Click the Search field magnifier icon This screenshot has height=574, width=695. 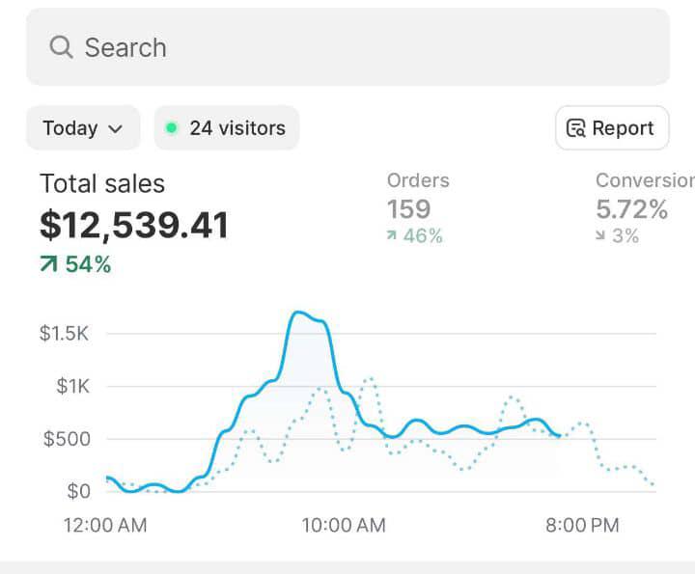pyautogui.click(x=61, y=47)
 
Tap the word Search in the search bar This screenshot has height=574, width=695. pyautogui.click(x=125, y=47)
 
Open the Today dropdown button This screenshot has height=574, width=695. pyautogui.click(x=83, y=128)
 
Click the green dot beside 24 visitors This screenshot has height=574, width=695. pyautogui.click(x=172, y=128)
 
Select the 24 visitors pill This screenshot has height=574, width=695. pyautogui.click(x=227, y=128)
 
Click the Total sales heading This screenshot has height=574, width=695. pyautogui.click(x=102, y=183)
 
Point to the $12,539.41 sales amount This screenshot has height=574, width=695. pyautogui.click(x=134, y=226)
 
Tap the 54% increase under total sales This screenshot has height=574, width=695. pyautogui.click(x=76, y=264)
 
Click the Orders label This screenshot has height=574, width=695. pyautogui.click(x=418, y=180)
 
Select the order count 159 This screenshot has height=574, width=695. pyautogui.click(x=408, y=209)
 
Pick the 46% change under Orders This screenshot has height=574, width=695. pyautogui.click(x=415, y=236)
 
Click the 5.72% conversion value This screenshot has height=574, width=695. pyautogui.click(x=631, y=209)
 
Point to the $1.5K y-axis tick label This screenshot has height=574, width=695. pyautogui.click(x=65, y=334)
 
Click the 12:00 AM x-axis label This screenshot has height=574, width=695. pyautogui.click(x=105, y=525)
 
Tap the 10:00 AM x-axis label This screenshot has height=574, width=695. pyautogui.click(x=343, y=525)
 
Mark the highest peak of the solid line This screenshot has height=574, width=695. pyautogui.click(x=299, y=313)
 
